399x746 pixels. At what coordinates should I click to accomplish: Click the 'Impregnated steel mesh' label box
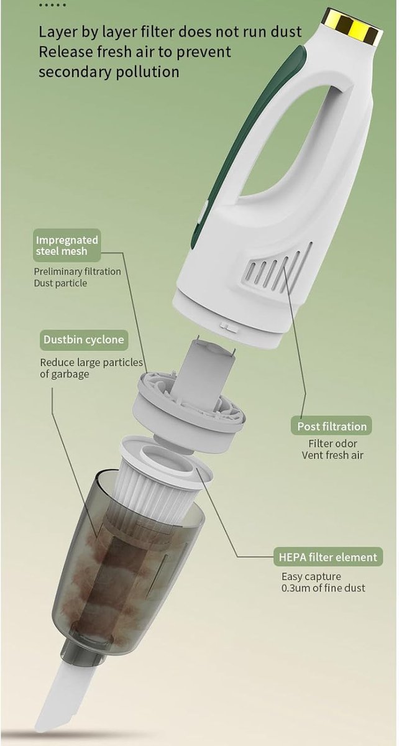(x=67, y=245)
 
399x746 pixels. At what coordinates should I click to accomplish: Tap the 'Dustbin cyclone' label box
(x=84, y=339)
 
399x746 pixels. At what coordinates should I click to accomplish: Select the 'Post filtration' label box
(x=332, y=426)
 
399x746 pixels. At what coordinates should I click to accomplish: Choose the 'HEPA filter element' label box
(x=328, y=557)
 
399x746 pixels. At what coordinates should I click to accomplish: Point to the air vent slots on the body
(x=280, y=269)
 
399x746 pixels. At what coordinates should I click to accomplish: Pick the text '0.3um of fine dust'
(x=323, y=588)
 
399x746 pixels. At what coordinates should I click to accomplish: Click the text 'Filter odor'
(x=332, y=444)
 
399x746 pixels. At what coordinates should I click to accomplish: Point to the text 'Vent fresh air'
(x=332, y=455)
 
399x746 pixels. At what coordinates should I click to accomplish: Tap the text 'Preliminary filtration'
(x=77, y=272)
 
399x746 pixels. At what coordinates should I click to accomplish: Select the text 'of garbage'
(x=65, y=374)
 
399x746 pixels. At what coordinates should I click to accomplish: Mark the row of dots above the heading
(x=52, y=6)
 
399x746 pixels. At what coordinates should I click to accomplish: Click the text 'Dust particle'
(x=60, y=283)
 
